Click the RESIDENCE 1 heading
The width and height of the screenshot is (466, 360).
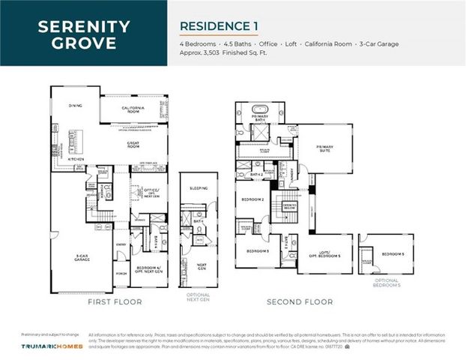(219, 26)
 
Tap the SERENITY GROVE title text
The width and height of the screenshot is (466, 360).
(83, 34)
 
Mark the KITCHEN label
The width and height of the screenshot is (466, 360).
(76, 159)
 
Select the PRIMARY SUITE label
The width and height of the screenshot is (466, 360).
(324, 148)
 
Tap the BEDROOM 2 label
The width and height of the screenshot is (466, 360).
(249, 200)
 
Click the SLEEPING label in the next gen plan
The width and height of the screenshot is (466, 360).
(199, 188)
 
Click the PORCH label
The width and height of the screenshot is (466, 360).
(121, 274)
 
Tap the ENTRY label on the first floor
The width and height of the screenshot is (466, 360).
(121, 244)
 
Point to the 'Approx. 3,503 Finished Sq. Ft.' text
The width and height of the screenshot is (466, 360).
(222, 54)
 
